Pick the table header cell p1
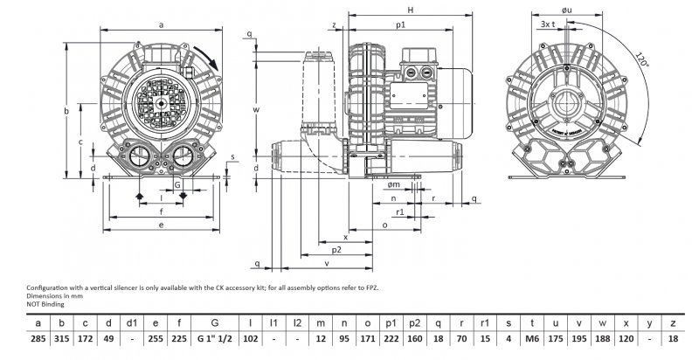click(391, 324)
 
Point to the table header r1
click(485, 324)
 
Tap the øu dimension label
click(567, 10)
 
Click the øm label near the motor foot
click(394, 184)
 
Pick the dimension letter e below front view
click(162, 225)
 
